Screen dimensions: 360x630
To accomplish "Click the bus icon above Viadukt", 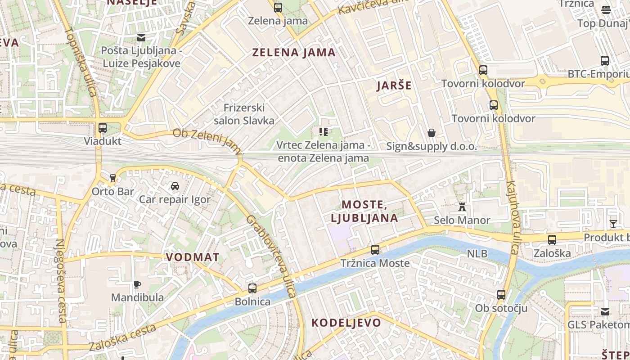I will (103, 128).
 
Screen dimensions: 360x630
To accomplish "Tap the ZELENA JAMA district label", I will (294, 53).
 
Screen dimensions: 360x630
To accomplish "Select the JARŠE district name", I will (394, 85).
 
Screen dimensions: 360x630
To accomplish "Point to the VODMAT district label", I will (193, 257).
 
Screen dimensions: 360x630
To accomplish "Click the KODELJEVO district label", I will (346, 323).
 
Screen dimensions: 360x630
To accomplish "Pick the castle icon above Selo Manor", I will (462, 207).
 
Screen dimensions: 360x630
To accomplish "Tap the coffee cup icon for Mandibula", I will (137, 284).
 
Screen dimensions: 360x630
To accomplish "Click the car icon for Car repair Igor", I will (175, 186).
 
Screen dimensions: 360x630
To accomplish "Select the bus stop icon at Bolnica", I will (252, 288).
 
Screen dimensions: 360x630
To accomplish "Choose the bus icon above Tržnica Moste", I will (375, 249).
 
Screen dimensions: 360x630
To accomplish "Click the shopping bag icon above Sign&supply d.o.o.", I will (432, 133).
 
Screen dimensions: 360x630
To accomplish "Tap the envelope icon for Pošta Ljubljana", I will (142, 37).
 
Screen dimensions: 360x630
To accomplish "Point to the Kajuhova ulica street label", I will (513, 218).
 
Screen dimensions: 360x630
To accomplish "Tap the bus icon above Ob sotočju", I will (501, 295).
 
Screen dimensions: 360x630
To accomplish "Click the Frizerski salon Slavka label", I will (244, 114).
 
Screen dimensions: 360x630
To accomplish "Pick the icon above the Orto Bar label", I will (112, 178).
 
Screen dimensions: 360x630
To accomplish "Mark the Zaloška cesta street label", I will (122, 338).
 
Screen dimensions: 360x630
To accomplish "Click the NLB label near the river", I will (477, 254).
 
